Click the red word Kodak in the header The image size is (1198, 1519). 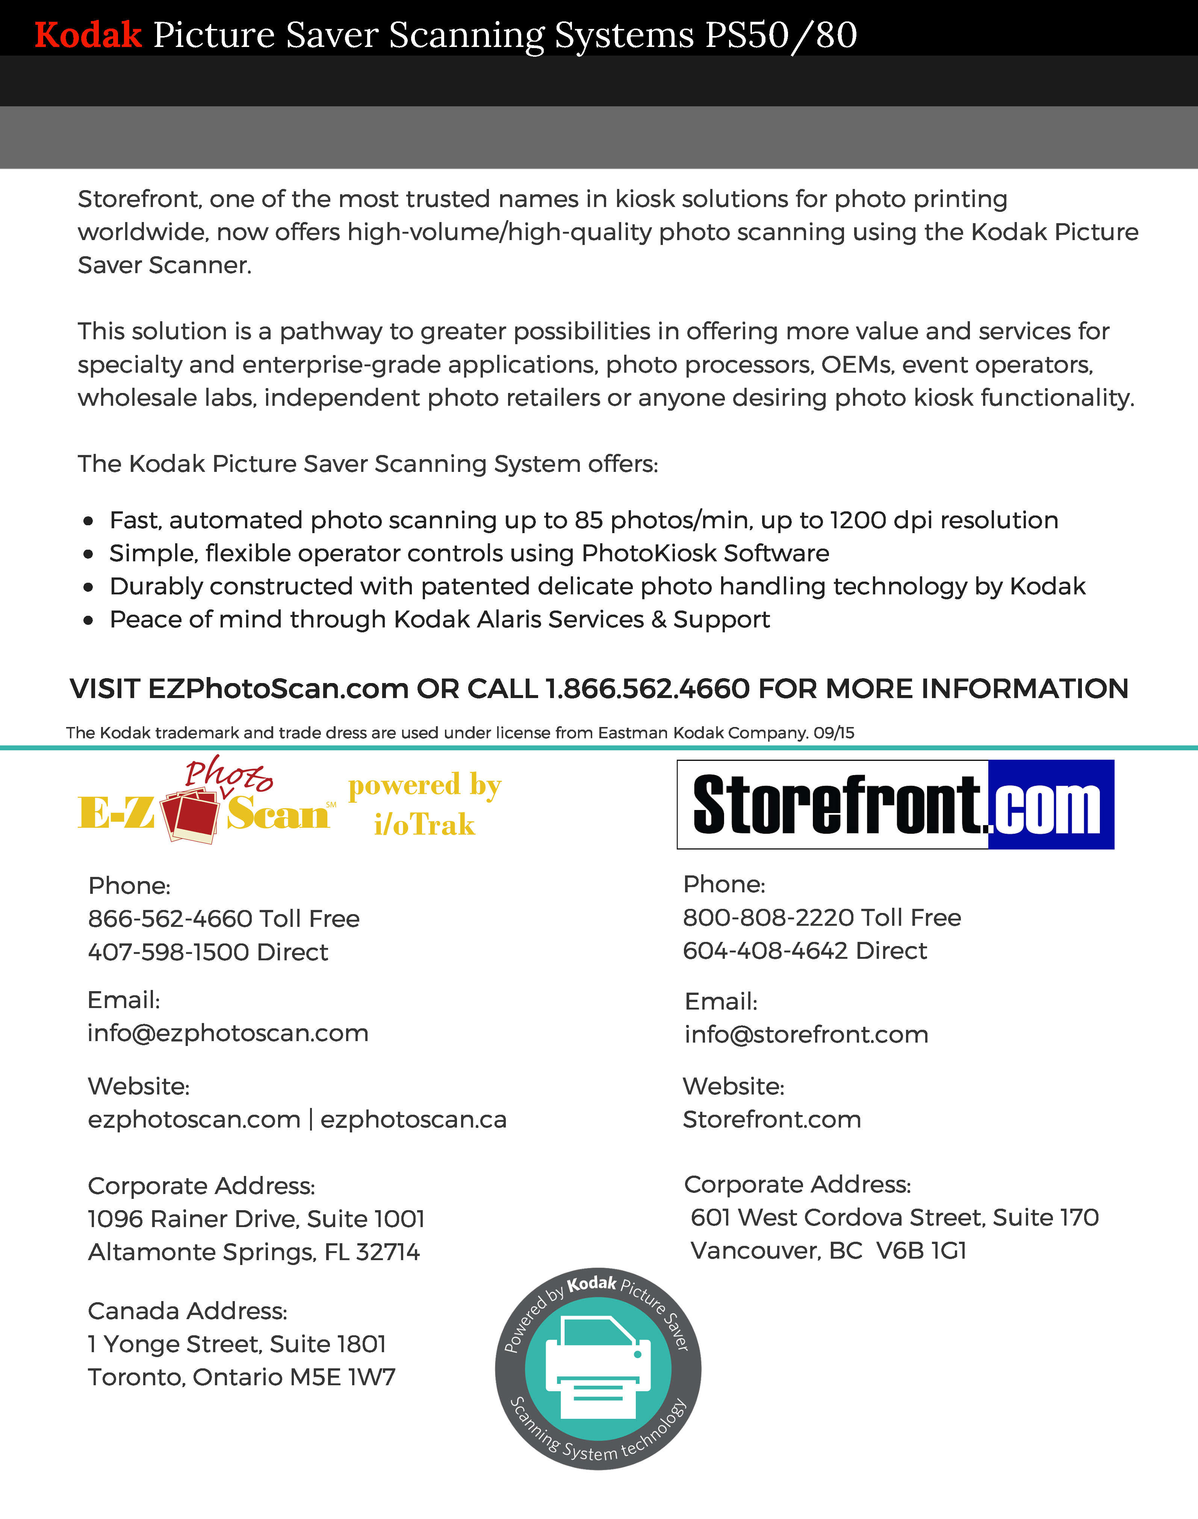88,35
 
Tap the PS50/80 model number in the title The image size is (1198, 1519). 781,35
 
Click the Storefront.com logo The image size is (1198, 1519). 895,804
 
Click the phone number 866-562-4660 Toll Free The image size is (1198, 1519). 224,919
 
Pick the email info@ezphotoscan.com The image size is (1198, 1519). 228,1033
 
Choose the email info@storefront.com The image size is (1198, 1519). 806,1034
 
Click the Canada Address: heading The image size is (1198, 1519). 187,1311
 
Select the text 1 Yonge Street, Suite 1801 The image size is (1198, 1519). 237,1344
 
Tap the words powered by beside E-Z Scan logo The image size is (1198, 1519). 424,786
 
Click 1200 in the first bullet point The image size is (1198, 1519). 858,520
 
